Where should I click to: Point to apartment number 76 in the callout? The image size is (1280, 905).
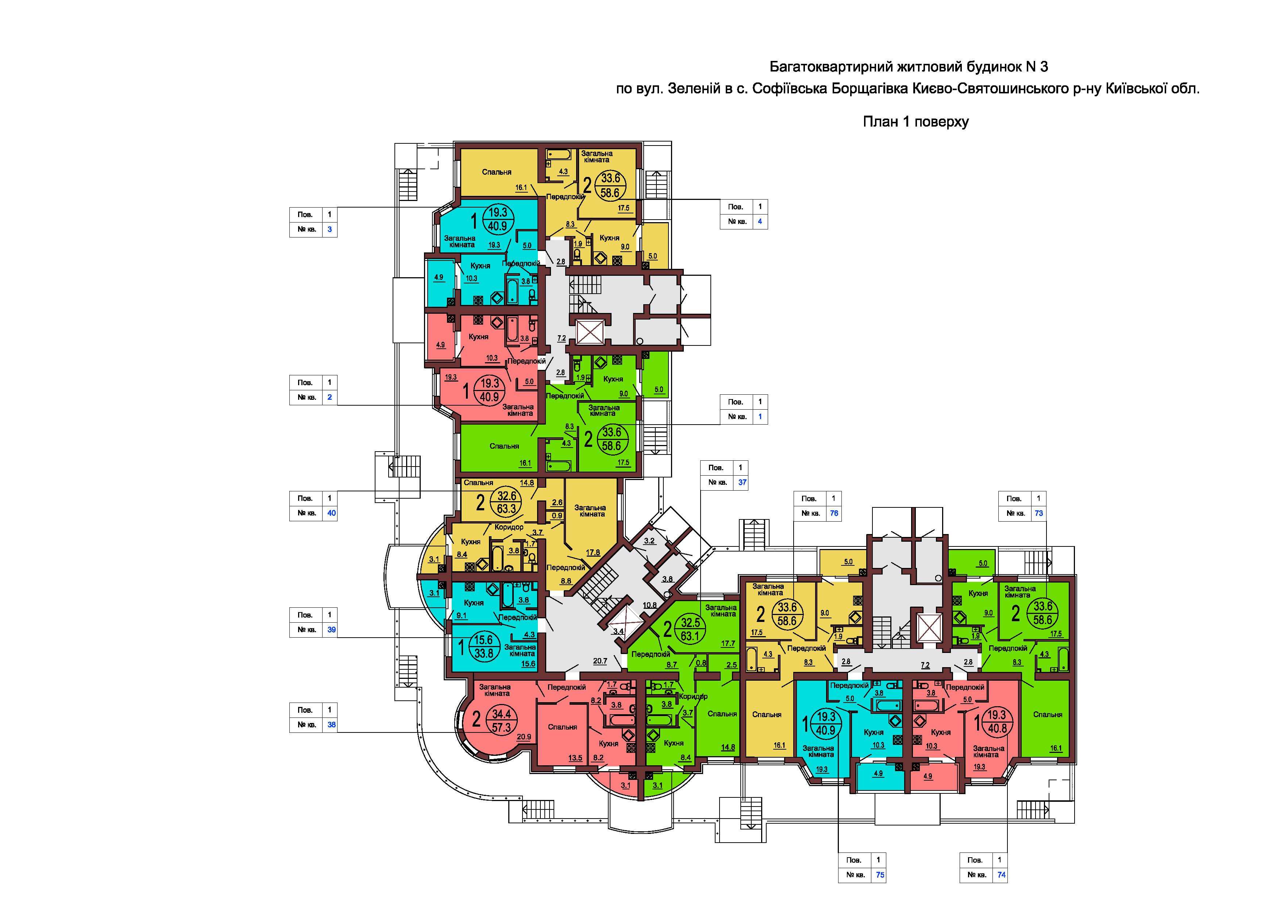tap(834, 513)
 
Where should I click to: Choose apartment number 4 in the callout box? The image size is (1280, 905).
tap(759, 222)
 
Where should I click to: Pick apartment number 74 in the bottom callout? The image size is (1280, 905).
tap(1001, 875)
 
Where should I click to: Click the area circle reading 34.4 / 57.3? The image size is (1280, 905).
tap(502, 720)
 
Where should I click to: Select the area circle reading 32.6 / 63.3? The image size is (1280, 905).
tap(506, 502)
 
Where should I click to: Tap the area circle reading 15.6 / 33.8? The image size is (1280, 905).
tap(484, 647)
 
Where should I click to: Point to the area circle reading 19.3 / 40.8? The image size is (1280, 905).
tap(997, 722)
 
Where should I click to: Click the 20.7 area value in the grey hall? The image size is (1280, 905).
tap(600, 661)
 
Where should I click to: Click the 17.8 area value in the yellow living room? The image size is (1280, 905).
tap(593, 553)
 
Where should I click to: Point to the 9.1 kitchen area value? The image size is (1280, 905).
tap(462, 616)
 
